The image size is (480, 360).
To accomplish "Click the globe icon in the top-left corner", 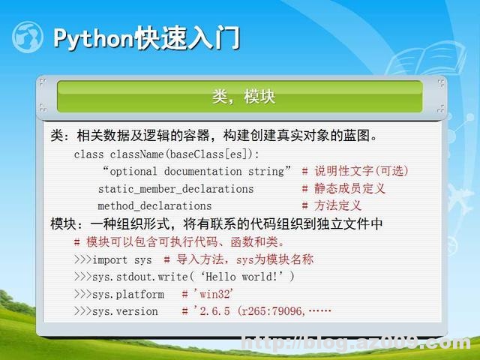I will click(x=28, y=37).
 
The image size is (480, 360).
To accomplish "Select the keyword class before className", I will click(x=89, y=154).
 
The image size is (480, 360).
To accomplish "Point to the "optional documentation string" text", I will click(x=196, y=171).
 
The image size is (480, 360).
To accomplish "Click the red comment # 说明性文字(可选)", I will click(x=355, y=171).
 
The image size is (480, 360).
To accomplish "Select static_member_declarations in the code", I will click(x=175, y=189).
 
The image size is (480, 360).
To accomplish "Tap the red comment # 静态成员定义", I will click(x=343, y=189).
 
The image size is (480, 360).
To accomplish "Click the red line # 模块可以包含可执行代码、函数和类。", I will click(x=179, y=241).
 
